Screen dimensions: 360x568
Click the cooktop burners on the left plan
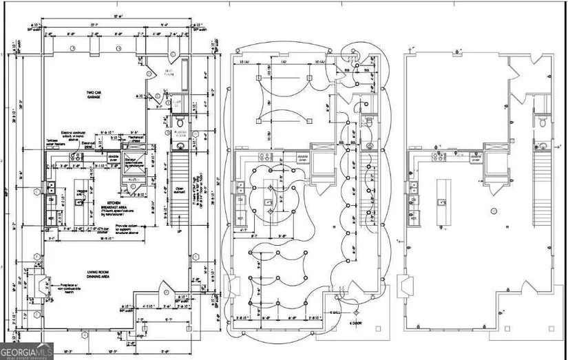(x=76, y=157)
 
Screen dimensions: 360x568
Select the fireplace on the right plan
(x=408, y=284)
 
